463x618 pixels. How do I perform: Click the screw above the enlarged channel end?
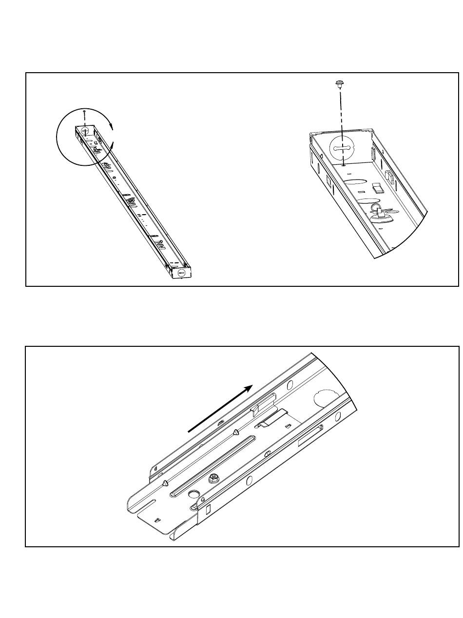coord(338,84)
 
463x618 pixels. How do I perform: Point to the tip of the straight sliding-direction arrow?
coord(252,386)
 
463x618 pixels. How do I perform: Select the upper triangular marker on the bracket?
coord(236,432)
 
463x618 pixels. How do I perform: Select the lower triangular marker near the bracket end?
coord(165,483)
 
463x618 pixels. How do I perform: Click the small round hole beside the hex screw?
coord(193,495)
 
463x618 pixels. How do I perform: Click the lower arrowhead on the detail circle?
coord(113,145)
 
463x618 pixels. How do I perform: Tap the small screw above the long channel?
coord(84,112)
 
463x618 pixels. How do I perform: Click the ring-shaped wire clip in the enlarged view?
coord(377,208)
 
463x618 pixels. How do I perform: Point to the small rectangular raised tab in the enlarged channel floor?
coord(376,187)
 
